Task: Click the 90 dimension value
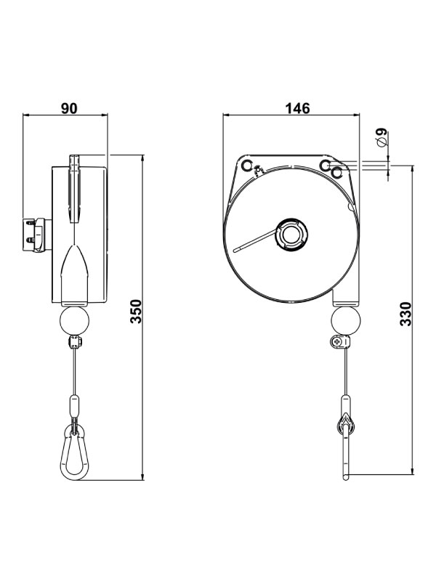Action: (x=68, y=108)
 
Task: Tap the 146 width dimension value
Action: (x=298, y=108)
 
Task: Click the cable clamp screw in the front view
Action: (x=336, y=342)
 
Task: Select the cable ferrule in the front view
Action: (x=346, y=403)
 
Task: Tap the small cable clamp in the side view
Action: (x=74, y=342)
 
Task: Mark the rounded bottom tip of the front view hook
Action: (x=347, y=476)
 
